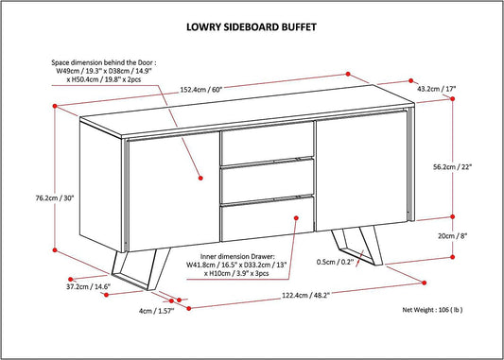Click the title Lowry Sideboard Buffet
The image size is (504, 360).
tap(252, 27)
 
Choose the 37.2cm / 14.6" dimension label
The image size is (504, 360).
tap(87, 284)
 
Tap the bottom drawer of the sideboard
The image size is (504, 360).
tap(268, 221)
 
